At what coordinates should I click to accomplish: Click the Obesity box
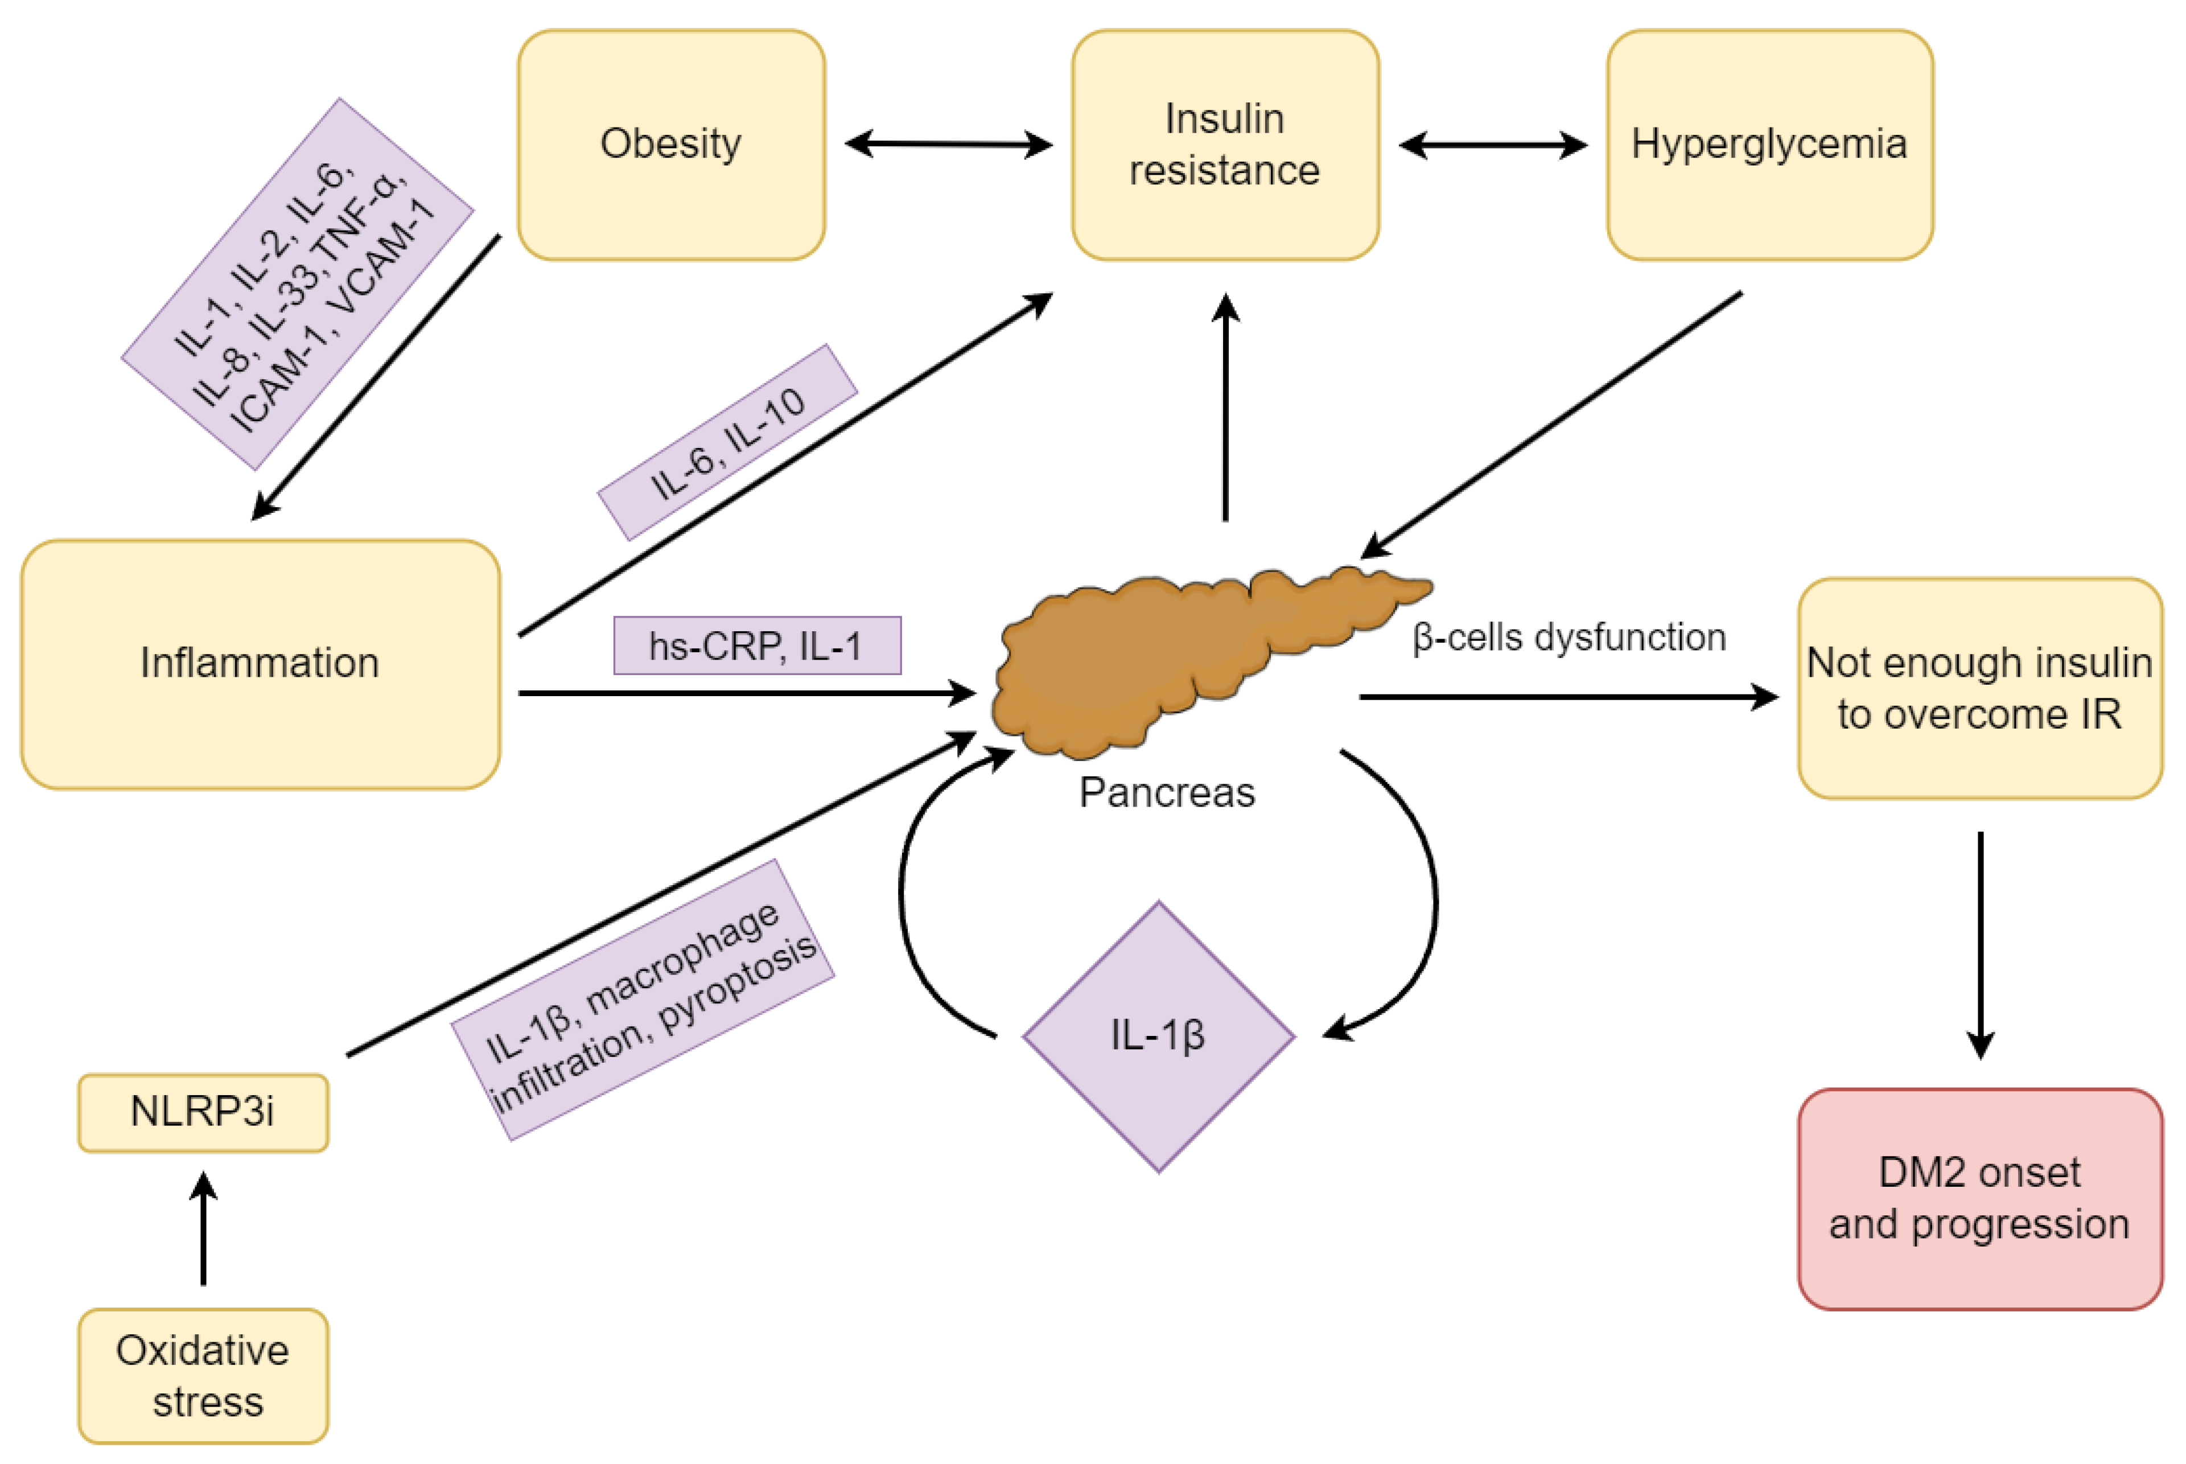click(671, 145)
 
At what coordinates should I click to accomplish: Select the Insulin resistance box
click(1225, 145)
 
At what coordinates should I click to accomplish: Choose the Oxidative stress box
click(203, 1375)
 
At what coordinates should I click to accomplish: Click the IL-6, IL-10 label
click(727, 443)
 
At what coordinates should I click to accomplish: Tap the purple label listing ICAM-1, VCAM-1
click(298, 284)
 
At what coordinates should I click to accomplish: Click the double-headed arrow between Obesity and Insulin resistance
click(948, 145)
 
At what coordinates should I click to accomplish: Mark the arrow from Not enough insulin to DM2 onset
click(1980, 943)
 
